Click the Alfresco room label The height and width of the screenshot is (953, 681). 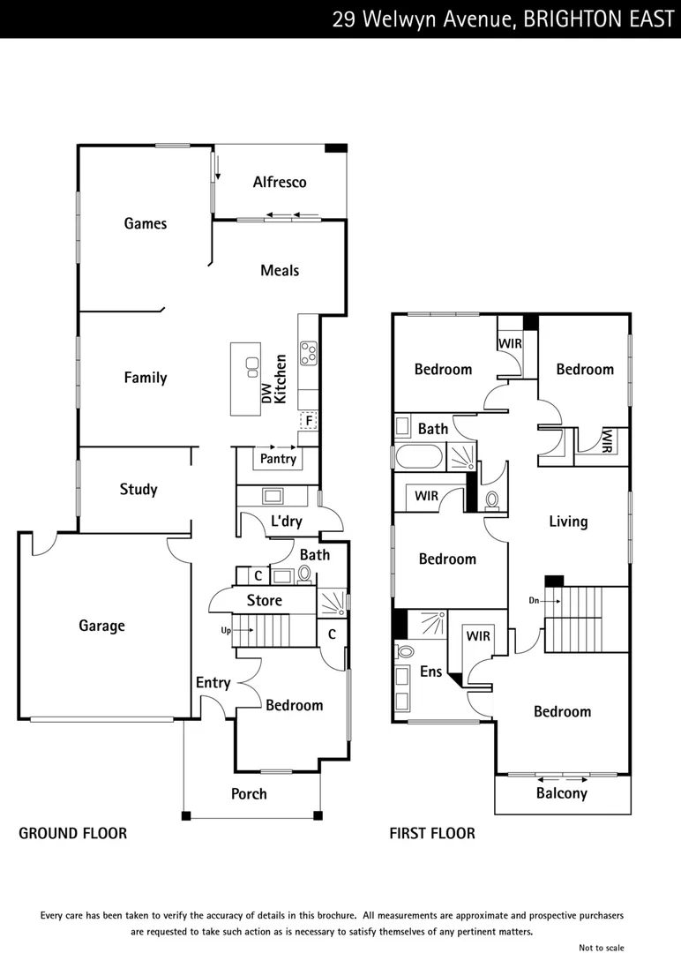pyautogui.click(x=280, y=183)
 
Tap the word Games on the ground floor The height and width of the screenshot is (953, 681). pyautogui.click(x=146, y=224)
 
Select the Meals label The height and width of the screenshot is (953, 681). pyautogui.click(x=280, y=271)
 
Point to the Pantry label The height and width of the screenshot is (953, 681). pyautogui.click(x=278, y=460)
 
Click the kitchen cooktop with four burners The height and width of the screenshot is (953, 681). pyautogui.click(x=309, y=353)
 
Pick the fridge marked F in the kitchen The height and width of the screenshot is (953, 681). pyautogui.click(x=309, y=420)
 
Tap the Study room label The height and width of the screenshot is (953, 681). pyautogui.click(x=138, y=490)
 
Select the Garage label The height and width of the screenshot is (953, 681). pyautogui.click(x=102, y=627)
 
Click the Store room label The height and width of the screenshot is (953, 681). pyautogui.click(x=265, y=601)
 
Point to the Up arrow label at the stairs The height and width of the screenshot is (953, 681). pyautogui.click(x=225, y=631)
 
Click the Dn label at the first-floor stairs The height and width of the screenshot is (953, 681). pyautogui.click(x=533, y=600)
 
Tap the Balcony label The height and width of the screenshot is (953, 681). pyautogui.click(x=562, y=793)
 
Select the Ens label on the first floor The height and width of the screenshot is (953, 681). pyautogui.click(x=430, y=672)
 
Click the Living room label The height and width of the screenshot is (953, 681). pyautogui.click(x=568, y=522)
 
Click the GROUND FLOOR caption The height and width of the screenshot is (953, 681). pyautogui.click(x=73, y=834)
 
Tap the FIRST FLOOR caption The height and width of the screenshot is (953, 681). pyautogui.click(x=432, y=834)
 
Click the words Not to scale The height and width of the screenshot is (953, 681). pyautogui.click(x=602, y=948)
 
